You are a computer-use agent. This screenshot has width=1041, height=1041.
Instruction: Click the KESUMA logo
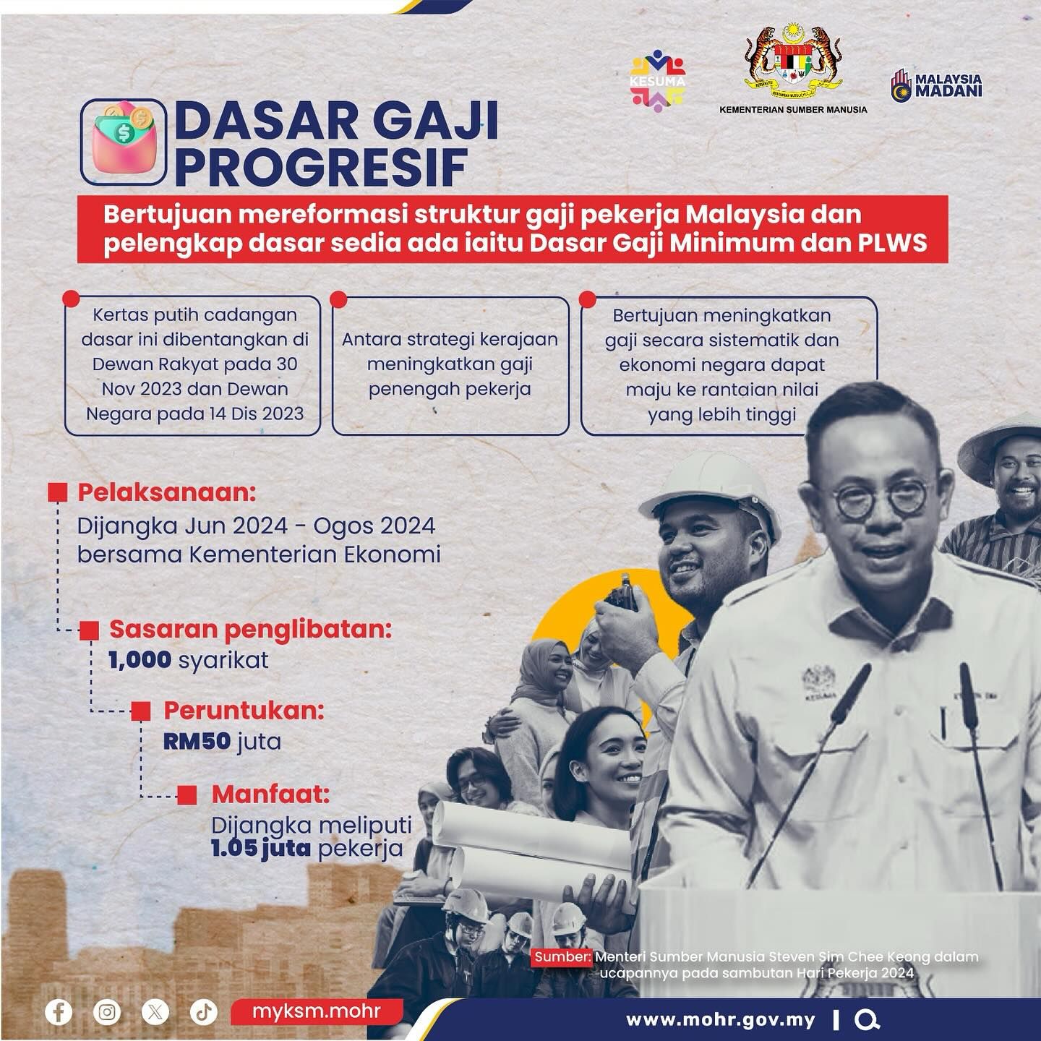[657, 81]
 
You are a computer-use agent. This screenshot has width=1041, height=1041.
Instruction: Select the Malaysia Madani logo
[936, 85]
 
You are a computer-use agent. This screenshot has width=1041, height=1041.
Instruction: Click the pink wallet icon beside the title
[123, 142]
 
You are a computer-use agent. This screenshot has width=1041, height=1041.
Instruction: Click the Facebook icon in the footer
[59, 1011]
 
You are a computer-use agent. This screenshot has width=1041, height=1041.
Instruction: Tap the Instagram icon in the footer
[107, 1011]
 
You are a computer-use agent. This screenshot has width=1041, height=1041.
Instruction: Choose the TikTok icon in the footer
[204, 1011]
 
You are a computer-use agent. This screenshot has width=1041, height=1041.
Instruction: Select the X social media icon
[155, 1011]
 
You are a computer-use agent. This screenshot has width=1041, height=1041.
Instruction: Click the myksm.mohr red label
[317, 1011]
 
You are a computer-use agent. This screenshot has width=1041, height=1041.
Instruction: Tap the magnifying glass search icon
[867, 1020]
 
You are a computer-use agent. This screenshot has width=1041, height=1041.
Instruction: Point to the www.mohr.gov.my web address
[721, 1020]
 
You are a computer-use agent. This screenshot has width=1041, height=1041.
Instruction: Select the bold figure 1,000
[140, 659]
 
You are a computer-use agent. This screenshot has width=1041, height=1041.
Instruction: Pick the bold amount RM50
[197, 741]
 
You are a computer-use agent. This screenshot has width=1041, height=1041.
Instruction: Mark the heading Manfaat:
[270, 794]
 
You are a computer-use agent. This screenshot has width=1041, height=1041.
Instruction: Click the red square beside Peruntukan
[140, 711]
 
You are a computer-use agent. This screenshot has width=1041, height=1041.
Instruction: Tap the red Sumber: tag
[562, 956]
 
